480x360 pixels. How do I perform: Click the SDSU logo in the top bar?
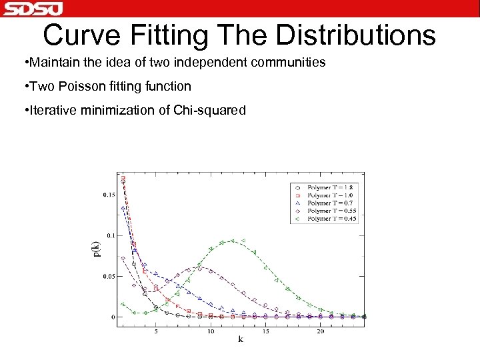coord(32,9)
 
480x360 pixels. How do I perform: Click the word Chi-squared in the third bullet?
coord(211,110)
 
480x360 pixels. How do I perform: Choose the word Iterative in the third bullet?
coord(53,110)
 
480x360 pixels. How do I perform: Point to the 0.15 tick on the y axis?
coord(109,195)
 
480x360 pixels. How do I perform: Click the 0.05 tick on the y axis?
coord(109,276)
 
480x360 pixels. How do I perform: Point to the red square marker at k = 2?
coord(123,179)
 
